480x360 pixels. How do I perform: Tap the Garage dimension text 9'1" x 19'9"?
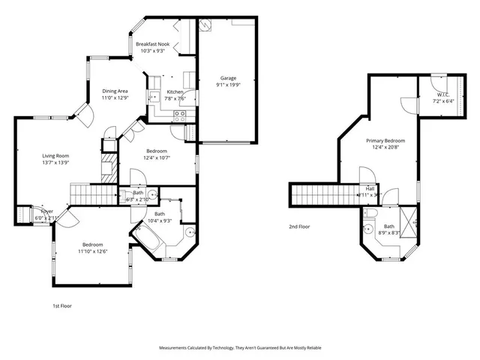pos(228,85)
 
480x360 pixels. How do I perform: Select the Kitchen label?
pos(175,92)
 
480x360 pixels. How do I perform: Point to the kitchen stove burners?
pos(180,115)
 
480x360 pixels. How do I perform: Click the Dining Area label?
pos(115,91)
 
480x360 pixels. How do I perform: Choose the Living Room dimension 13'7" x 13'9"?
pos(55,163)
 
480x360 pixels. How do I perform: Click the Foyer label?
pos(46,212)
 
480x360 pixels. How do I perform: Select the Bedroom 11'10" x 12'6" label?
pos(92,244)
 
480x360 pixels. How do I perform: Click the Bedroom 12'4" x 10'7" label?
pos(157,151)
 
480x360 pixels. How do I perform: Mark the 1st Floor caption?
pos(61,306)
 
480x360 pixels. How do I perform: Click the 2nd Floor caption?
pos(298,226)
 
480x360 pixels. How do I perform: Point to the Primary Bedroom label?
pos(385,141)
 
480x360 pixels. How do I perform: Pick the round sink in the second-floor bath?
pos(370,229)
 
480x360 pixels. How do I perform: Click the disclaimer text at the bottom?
pos(240,348)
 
